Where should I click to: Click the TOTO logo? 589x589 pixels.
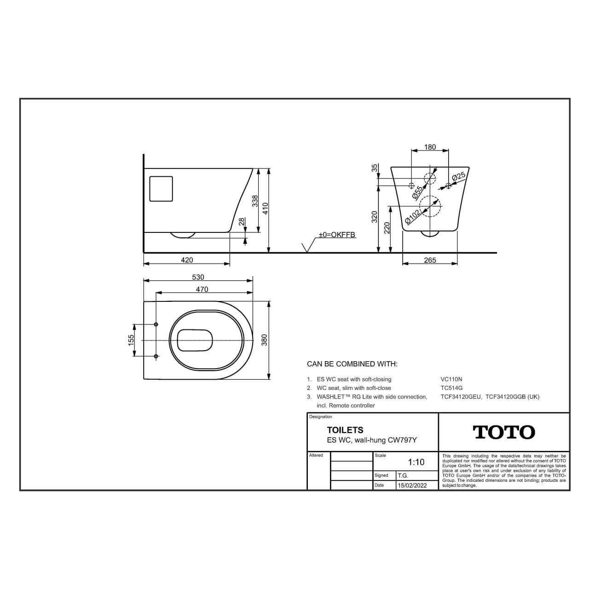tap(504, 432)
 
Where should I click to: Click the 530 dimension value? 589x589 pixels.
tap(198, 277)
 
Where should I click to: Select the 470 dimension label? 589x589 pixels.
tap(202, 289)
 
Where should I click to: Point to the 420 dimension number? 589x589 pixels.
tap(187, 260)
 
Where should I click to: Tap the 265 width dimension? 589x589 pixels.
tap(430, 260)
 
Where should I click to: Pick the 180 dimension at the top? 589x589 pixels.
tap(430, 147)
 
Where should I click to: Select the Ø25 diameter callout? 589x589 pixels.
tap(459, 176)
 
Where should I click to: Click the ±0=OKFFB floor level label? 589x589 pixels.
tap(337, 235)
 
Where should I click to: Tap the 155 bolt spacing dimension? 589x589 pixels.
tap(131, 340)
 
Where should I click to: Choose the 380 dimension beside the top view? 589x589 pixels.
tap(264, 340)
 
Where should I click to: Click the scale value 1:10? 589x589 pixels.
tap(416, 462)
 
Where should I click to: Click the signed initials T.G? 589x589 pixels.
tap(403, 476)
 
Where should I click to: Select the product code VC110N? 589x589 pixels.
tap(451, 379)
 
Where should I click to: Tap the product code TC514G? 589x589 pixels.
tap(451, 388)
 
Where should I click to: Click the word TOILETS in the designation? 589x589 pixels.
tap(345, 430)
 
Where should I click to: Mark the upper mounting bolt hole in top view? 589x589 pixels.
tap(156, 325)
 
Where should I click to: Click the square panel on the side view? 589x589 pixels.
tap(161, 189)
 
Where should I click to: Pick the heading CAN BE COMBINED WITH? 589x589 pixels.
tap(352, 364)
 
